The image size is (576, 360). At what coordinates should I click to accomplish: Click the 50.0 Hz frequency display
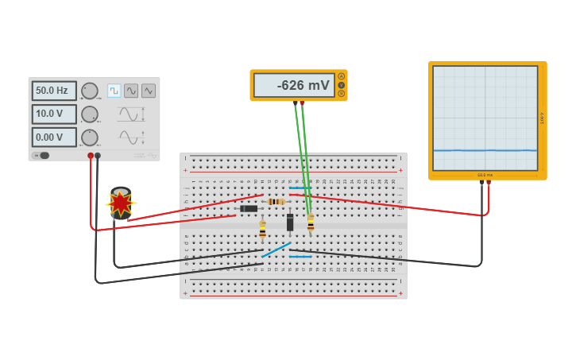click(54, 91)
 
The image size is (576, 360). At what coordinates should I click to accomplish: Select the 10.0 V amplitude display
click(54, 114)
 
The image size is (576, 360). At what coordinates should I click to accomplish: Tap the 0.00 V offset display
click(54, 137)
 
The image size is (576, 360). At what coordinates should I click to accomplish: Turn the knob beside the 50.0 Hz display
click(90, 91)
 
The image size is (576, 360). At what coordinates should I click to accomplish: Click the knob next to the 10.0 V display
click(90, 114)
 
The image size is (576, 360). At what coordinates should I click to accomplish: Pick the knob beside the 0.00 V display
click(90, 137)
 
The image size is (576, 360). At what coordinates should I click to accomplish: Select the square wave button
click(114, 91)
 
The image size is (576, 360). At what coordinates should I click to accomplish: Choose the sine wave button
click(131, 91)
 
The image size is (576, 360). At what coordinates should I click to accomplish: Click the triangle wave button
click(149, 91)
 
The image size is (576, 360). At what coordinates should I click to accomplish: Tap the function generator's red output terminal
click(91, 156)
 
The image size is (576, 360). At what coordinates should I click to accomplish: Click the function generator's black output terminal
click(98, 156)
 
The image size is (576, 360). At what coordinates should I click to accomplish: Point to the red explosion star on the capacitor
click(120, 203)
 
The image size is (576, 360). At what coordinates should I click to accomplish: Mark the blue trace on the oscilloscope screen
click(485, 150)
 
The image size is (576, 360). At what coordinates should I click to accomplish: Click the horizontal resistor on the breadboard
click(276, 202)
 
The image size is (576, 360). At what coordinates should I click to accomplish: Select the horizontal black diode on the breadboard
click(249, 209)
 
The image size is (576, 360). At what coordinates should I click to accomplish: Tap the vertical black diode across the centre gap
click(290, 223)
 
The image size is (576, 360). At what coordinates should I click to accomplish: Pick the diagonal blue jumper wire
click(276, 250)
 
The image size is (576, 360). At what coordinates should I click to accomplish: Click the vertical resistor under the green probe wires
click(311, 223)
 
